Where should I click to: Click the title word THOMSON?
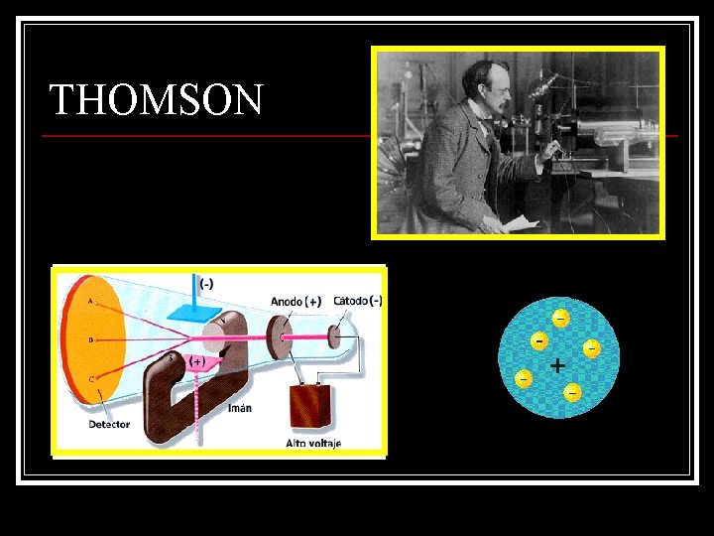[157, 100]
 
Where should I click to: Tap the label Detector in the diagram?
[108, 424]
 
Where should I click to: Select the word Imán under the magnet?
[240, 407]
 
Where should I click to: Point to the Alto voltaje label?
[313, 443]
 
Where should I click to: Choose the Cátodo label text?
[351, 301]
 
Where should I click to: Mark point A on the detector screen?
[91, 300]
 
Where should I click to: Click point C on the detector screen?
[92, 379]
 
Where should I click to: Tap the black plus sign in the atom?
[558, 365]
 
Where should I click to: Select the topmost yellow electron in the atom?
[560, 319]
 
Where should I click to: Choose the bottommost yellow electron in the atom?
[572, 393]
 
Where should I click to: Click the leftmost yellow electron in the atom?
[523, 378]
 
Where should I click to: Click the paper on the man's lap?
[521, 224]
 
